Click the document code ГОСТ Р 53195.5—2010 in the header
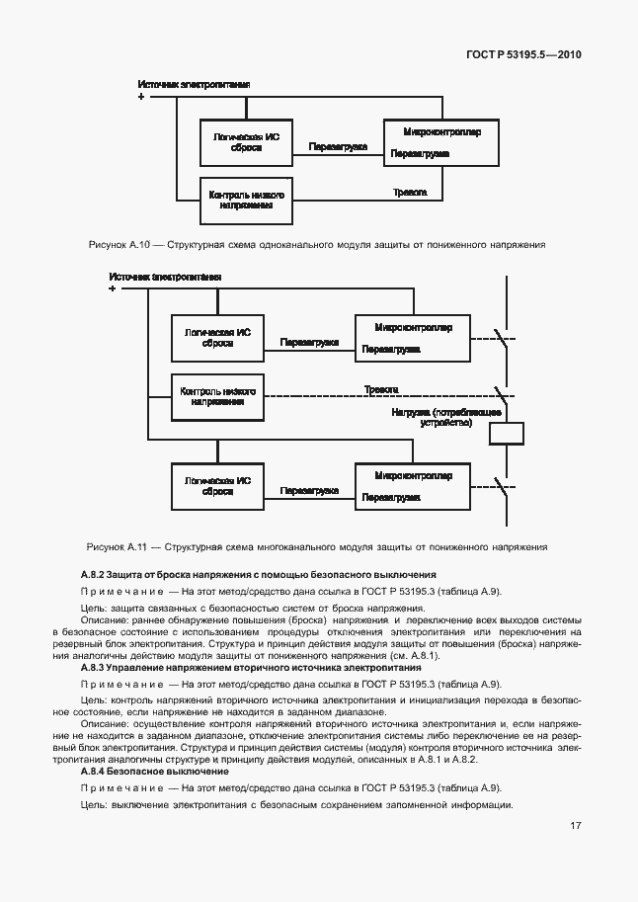[x=524, y=55]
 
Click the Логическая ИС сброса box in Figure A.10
[x=247, y=144]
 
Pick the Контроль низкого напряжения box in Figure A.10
[x=247, y=201]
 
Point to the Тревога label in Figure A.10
[x=410, y=192]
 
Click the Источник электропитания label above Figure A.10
[x=194, y=85]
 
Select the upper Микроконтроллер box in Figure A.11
[x=414, y=339]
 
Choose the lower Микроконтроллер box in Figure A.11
[x=414, y=486]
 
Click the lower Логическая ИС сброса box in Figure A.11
[x=218, y=486]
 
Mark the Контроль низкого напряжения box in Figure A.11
[x=218, y=396]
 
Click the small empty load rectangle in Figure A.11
[x=507, y=434]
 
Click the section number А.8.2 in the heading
[x=95, y=575]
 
